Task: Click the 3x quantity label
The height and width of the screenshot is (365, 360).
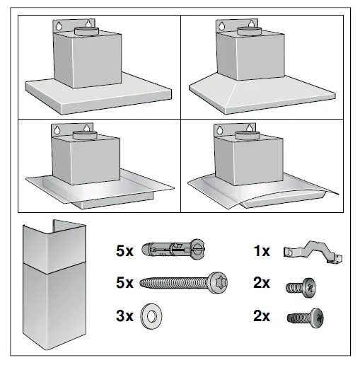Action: [x=125, y=315]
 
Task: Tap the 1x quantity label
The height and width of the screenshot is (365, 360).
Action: [x=261, y=250]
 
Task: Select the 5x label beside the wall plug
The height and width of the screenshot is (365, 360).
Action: [x=125, y=250]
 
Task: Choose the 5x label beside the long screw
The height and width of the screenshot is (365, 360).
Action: [x=125, y=283]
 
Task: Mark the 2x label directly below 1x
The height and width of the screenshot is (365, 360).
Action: [x=261, y=284]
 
